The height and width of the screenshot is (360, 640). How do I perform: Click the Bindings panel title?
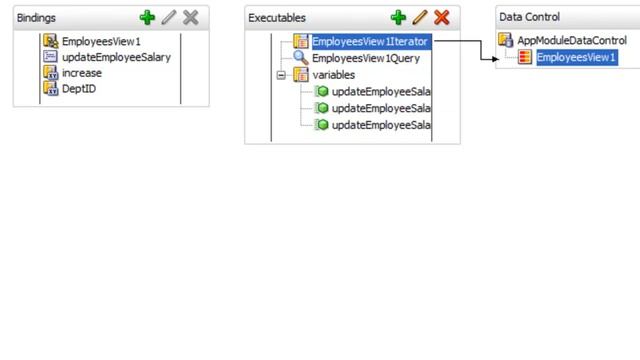(x=36, y=18)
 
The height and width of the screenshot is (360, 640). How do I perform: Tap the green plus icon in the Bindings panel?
(x=148, y=18)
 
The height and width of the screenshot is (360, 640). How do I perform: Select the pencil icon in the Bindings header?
(x=169, y=18)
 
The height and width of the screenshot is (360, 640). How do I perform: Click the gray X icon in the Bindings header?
(x=190, y=18)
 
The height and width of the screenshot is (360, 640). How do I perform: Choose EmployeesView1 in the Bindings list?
(x=101, y=42)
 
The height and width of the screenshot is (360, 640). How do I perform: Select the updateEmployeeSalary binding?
(x=116, y=57)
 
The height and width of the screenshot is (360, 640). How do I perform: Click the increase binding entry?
(x=81, y=73)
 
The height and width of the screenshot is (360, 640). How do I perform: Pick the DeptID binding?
(x=79, y=89)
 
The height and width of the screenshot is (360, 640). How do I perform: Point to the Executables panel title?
(x=277, y=18)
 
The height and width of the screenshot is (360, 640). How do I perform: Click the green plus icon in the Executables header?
(x=398, y=18)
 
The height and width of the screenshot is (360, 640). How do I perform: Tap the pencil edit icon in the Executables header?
(x=420, y=18)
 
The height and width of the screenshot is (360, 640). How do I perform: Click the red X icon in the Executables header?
(x=441, y=18)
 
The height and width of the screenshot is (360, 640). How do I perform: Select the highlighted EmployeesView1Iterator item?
(x=369, y=42)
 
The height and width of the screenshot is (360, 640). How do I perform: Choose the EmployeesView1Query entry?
(x=366, y=58)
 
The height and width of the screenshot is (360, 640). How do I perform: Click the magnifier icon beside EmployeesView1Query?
(x=300, y=58)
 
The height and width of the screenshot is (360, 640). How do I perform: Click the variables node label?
(x=333, y=75)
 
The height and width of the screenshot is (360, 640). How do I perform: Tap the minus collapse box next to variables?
(x=281, y=75)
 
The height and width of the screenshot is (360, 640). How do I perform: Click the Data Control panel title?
(x=529, y=17)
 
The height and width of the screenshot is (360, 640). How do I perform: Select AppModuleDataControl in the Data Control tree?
(x=571, y=41)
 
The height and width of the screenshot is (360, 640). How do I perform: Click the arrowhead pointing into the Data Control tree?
(x=493, y=58)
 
